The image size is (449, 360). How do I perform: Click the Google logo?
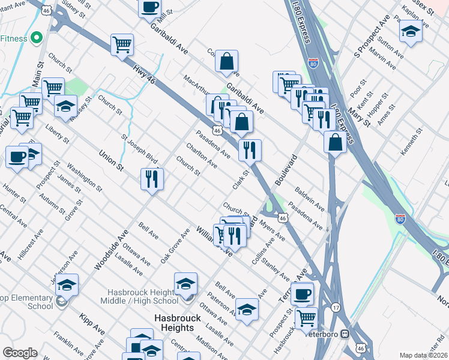pyautogui.click(x=20, y=353)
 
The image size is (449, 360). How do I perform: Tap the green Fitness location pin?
pyautogui.click(x=36, y=38)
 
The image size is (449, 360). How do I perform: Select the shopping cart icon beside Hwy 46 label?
pyautogui.click(x=122, y=44)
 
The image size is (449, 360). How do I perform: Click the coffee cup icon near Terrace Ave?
pyautogui.click(x=303, y=294)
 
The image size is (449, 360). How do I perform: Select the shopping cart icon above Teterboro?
pyautogui.click(x=306, y=317)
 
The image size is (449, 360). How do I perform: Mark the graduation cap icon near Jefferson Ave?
pyautogui.click(x=67, y=284)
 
